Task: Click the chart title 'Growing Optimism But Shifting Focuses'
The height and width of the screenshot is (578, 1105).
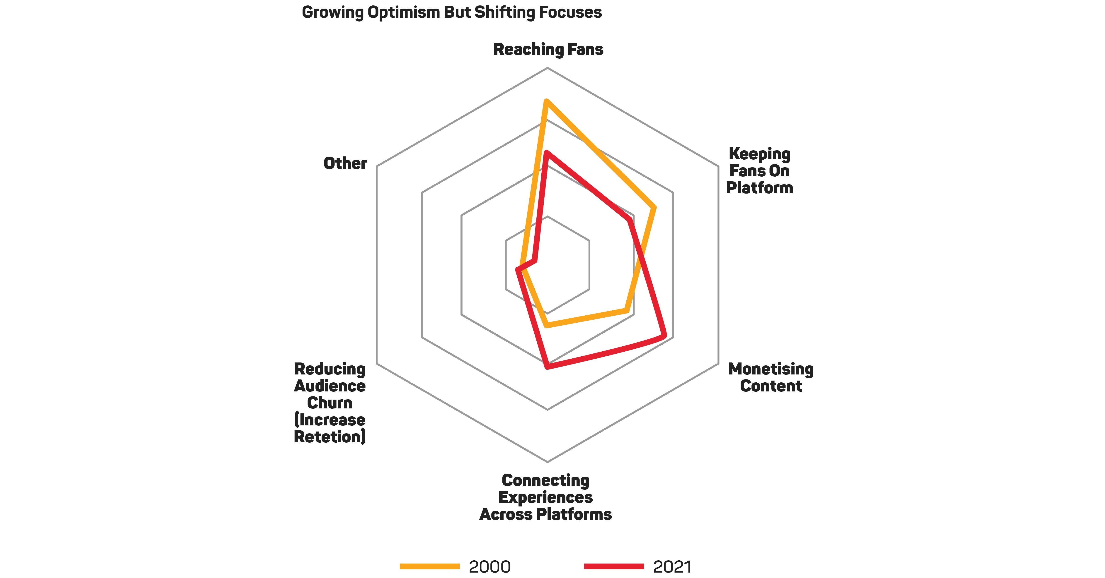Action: pos(452,12)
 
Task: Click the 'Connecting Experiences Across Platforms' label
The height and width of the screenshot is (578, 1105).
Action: pos(545,497)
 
